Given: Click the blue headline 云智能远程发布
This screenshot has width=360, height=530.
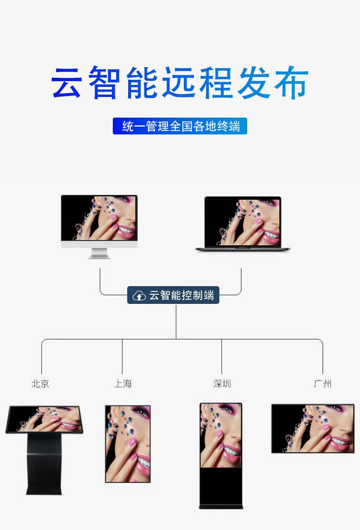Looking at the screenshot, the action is click(x=180, y=83).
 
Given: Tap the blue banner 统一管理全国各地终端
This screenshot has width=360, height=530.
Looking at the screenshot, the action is click(x=180, y=126).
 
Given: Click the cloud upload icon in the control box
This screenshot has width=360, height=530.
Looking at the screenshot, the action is click(x=139, y=296).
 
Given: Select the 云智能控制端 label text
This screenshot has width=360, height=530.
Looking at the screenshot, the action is click(x=181, y=295).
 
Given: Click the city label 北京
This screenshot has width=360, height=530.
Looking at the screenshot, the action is click(x=40, y=384).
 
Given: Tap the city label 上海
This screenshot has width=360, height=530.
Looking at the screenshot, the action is click(x=123, y=384).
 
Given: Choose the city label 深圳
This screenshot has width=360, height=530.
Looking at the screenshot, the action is click(x=222, y=384).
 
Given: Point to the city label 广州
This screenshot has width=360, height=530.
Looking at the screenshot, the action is click(x=322, y=384).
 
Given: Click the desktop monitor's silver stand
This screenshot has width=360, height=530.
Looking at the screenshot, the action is click(x=99, y=253).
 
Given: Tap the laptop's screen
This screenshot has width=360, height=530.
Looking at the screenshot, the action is click(x=242, y=221).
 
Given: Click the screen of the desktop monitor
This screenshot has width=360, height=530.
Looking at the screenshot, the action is click(x=99, y=218).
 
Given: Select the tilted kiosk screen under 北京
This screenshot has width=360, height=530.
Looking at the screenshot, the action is click(x=45, y=419).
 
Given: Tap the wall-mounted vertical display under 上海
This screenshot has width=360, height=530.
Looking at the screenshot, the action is click(x=128, y=444).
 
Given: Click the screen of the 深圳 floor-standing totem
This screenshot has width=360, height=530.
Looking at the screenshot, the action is click(x=221, y=435).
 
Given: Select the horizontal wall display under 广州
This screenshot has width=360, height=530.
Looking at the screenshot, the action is click(x=312, y=428).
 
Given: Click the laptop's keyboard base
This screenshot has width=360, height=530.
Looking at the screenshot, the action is click(x=242, y=249).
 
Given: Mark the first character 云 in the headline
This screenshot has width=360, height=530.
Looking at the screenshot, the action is click(x=66, y=83).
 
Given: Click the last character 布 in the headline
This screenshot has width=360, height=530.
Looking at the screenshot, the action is click(x=292, y=83).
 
